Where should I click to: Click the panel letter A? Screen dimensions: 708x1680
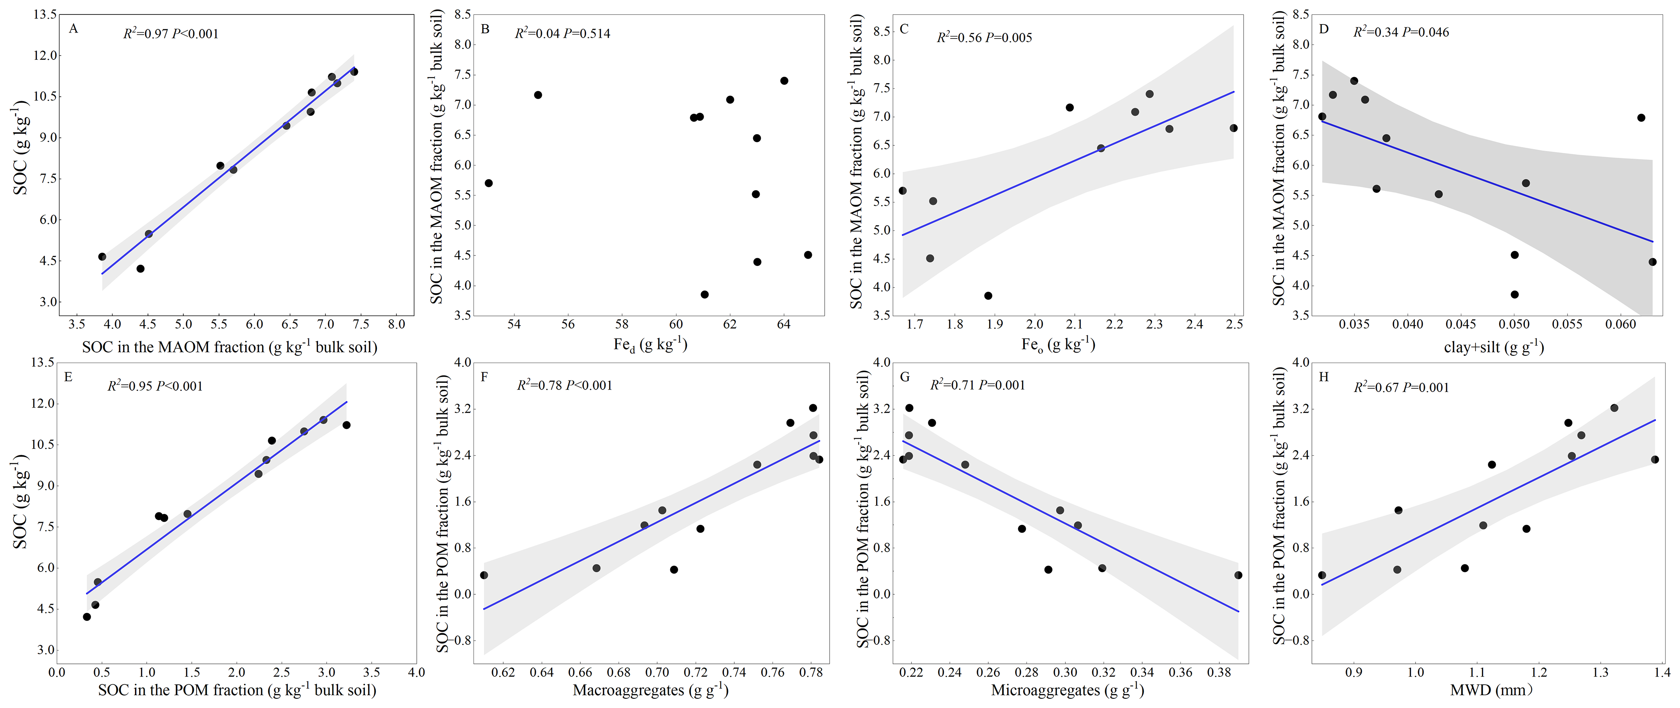(73, 29)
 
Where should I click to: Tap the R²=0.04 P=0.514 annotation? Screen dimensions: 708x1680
(562, 33)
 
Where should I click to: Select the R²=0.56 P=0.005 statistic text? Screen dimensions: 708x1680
(984, 37)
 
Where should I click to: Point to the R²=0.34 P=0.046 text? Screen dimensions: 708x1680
(1401, 32)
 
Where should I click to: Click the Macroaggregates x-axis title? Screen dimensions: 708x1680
(650, 690)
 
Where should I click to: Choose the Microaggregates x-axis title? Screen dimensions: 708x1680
(1067, 690)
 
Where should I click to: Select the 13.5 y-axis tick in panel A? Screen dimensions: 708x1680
(46, 14)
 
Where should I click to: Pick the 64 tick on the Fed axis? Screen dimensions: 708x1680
(784, 324)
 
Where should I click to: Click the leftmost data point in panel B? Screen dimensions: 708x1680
(488, 183)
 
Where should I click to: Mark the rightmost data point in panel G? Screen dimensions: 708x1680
(1238, 575)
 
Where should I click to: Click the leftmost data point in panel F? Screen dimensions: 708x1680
(484, 575)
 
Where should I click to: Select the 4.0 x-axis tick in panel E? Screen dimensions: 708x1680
(416, 672)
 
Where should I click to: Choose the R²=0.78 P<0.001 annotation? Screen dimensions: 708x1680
(564, 385)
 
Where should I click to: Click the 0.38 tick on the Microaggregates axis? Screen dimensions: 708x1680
(1219, 672)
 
